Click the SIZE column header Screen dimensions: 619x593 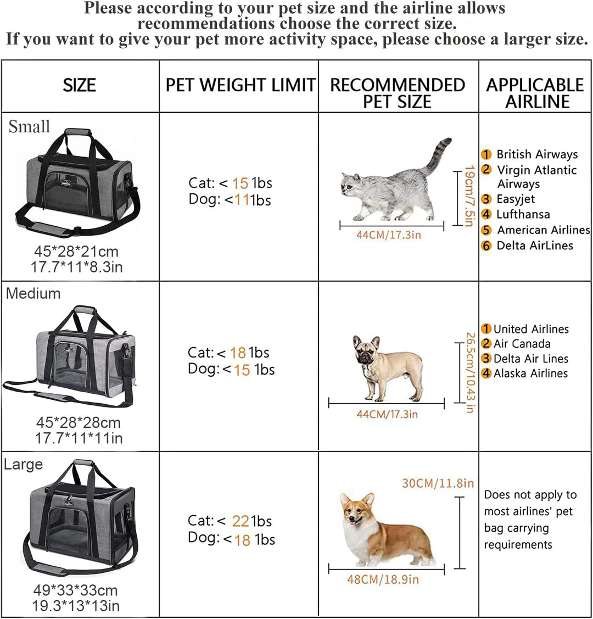coord(80,86)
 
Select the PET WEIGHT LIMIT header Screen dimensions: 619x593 coord(240,86)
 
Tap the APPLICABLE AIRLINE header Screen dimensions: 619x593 coord(535,93)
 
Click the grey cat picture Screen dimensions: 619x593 coord(393,184)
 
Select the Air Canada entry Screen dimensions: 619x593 coord(522,344)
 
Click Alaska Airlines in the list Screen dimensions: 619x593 coord(530,373)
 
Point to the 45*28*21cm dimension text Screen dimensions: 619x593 coord(76,252)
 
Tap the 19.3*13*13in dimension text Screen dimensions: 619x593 coord(77,606)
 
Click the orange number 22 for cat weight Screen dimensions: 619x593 coord(240,521)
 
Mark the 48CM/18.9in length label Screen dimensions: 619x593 coord(383,579)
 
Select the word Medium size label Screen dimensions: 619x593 coord(33,293)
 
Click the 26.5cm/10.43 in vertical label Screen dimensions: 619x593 coord(469,372)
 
